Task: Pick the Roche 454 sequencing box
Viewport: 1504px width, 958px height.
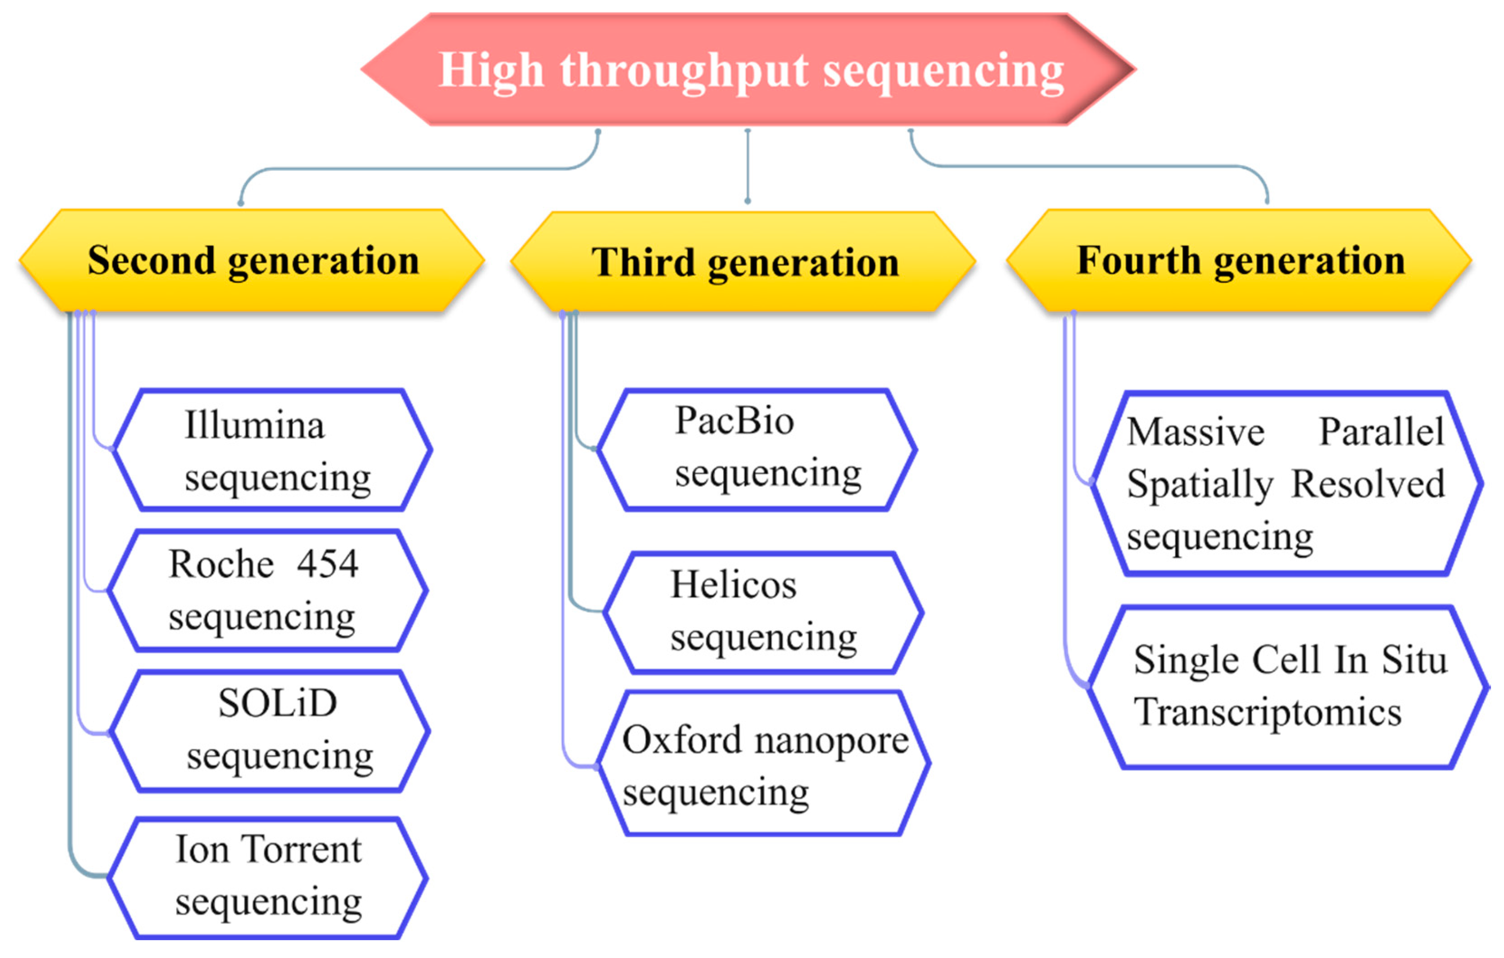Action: pyautogui.click(x=268, y=591)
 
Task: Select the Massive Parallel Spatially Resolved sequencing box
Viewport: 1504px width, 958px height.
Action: pyautogui.click(x=1287, y=484)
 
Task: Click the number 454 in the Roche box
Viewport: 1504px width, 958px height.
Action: pyautogui.click(x=327, y=564)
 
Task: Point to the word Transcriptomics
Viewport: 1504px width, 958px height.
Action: pyautogui.click(x=1268, y=712)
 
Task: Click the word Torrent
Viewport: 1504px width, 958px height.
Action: pyautogui.click(x=302, y=850)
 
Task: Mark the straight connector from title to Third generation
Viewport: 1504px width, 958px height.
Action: pyautogui.click(x=748, y=166)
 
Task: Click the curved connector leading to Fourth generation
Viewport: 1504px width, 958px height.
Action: pyautogui.click(x=1093, y=166)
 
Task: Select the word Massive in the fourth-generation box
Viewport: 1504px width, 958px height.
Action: pyautogui.click(x=1196, y=432)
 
